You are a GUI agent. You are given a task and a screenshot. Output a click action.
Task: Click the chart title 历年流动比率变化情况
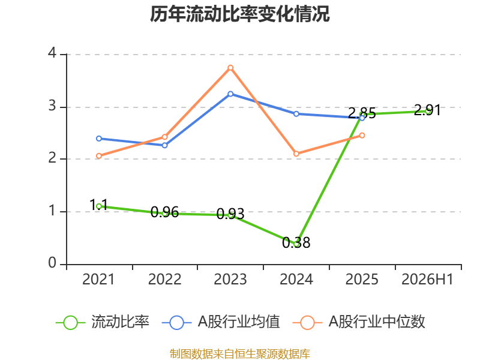point(239,14)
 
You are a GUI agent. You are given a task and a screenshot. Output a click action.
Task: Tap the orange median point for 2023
point(230,68)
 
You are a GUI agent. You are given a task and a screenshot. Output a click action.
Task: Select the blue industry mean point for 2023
point(230,94)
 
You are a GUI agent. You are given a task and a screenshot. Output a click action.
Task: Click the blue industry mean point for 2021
point(99,139)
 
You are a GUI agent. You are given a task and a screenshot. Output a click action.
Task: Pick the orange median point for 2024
point(296,154)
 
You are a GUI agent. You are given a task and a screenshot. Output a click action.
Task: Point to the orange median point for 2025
point(362,136)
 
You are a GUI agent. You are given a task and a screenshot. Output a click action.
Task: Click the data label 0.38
point(296,243)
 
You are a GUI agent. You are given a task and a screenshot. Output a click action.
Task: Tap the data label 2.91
point(427,110)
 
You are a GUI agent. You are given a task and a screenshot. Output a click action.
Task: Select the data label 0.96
point(164,212)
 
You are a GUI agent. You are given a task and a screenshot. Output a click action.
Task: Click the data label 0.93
point(230,214)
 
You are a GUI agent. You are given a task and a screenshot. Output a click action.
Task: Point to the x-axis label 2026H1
point(427,280)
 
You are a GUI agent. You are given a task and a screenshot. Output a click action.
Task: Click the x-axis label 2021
point(98,280)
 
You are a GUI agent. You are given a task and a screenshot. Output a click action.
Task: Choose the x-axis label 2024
point(296,280)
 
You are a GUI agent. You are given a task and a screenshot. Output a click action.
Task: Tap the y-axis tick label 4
point(52,53)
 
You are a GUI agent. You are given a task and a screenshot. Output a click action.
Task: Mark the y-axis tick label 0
point(52,263)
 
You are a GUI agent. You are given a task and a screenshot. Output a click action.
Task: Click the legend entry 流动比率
point(103,322)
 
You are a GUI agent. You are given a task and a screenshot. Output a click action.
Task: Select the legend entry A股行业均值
point(221,322)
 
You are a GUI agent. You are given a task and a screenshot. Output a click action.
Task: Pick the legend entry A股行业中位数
point(359,322)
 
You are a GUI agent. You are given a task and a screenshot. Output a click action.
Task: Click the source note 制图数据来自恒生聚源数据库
point(240,354)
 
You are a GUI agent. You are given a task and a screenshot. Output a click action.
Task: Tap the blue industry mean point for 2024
point(296,114)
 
